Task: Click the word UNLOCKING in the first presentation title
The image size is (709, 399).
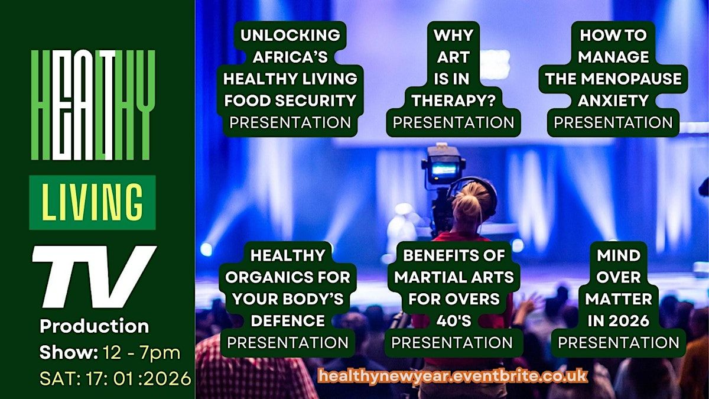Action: [290, 35]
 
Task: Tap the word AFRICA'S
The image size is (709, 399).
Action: [290, 57]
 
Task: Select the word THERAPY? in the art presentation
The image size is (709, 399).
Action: [453, 100]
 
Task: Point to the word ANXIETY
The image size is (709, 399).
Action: [613, 100]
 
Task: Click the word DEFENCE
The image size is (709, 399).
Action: [288, 321]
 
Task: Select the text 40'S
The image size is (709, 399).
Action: [454, 321]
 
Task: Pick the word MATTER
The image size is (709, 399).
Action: [619, 299]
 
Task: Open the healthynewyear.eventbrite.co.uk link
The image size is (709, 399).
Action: [453, 376]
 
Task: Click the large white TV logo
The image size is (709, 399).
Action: [95, 277]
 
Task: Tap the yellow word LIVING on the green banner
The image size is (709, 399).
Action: [92, 202]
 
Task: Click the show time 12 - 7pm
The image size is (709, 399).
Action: [141, 352]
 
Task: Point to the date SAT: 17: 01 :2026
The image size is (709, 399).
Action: [115, 378]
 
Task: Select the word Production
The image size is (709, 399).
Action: [95, 326]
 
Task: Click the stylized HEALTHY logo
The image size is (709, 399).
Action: [93, 105]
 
